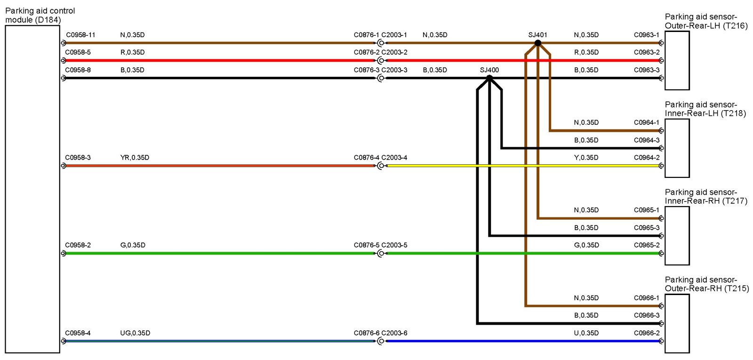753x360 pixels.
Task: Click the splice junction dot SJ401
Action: click(x=538, y=43)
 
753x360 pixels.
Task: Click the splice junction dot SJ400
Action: click(x=489, y=78)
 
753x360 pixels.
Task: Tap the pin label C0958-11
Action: click(x=80, y=35)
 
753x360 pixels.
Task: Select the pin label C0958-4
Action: click(x=78, y=333)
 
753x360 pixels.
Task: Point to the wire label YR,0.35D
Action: click(x=135, y=158)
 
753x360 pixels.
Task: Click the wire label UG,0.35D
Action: click(x=135, y=333)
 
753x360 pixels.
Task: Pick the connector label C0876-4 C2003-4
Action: click(x=380, y=158)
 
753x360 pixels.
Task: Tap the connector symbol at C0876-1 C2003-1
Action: click(x=381, y=43)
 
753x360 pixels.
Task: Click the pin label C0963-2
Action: click(x=647, y=52)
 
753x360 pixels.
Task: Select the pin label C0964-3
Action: click(x=647, y=140)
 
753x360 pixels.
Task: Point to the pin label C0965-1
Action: click(x=647, y=210)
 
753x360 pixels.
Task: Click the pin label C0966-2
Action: click(x=647, y=333)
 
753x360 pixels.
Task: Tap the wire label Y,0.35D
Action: click(x=586, y=158)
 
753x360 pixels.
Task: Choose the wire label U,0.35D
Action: click(x=586, y=333)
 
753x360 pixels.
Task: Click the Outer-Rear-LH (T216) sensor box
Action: click(x=677, y=60)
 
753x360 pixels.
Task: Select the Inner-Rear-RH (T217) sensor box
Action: click(x=677, y=236)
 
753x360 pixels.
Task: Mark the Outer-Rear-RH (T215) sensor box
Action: click(x=677, y=323)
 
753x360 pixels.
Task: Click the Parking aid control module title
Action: click(x=40, y=15)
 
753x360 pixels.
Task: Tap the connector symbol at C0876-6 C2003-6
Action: click(x=381, y=341)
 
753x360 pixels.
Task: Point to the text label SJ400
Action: click(x=489, y=70)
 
